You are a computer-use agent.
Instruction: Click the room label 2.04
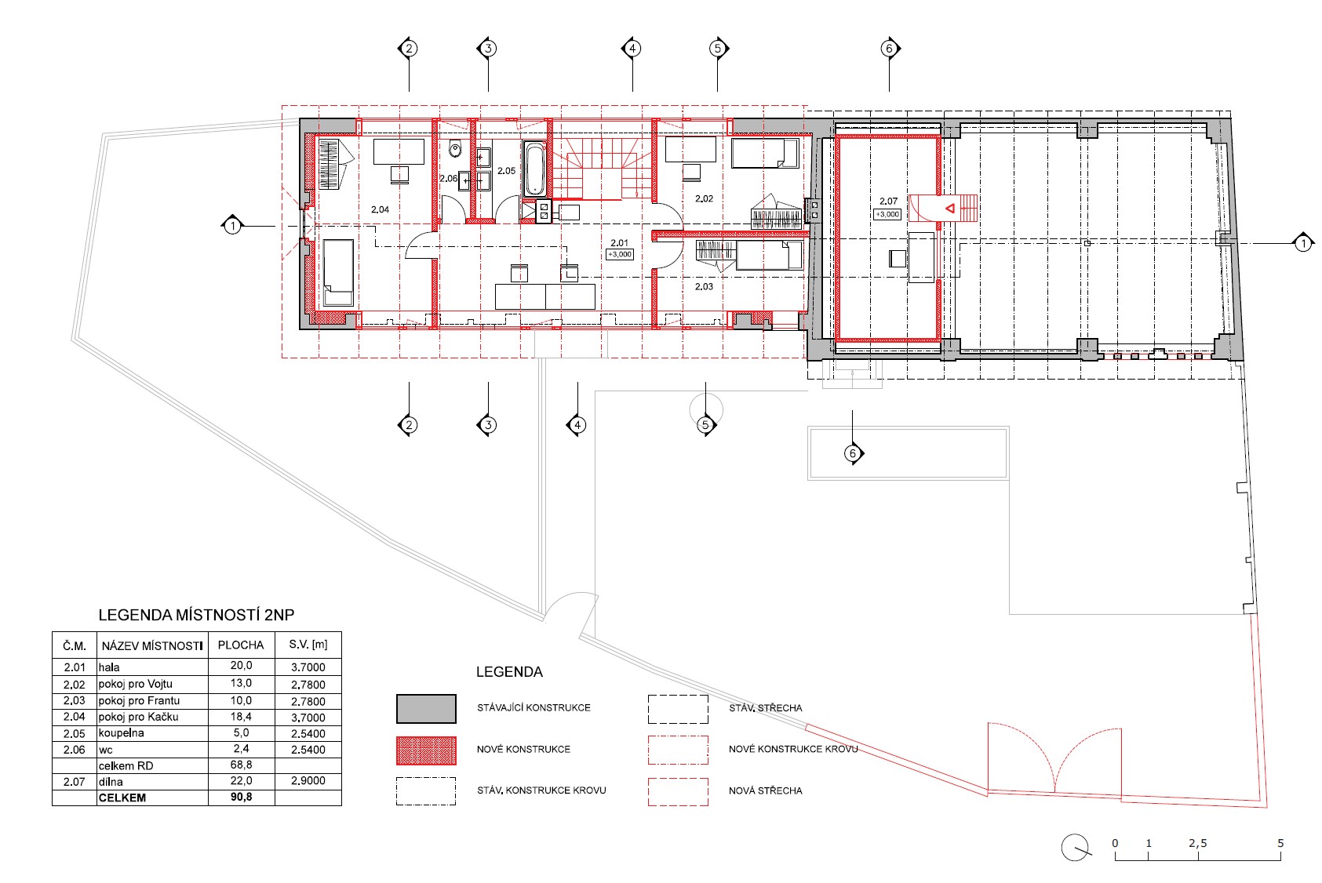click(x=380, y=209)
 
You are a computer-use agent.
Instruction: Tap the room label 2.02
click(x=704, y=198)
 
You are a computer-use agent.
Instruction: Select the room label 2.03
click(x=704, y=287)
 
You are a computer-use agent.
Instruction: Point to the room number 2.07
click(x=888, y=202)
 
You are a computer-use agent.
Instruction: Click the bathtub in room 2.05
click(x=535, y=169)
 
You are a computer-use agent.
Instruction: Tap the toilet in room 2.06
click(x=455, y=149)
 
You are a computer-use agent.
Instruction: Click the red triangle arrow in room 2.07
click(x=949, y=209)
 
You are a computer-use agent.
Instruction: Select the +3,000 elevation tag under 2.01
click(x=620, y=255)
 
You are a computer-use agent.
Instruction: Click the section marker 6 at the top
click(x=890, y=49)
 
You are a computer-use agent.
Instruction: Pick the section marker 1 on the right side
click(x=1302, y=243)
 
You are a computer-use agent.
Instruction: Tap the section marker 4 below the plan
click(x=577, y=425)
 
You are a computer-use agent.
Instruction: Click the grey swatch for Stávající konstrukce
click(x=426, y=708)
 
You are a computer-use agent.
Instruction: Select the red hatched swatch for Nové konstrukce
click(x=426, y=750)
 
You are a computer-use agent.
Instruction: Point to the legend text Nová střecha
click(x=766, y=790)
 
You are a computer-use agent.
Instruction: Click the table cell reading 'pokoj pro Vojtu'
click(x=135, y=685)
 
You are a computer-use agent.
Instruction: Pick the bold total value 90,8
click(x=242, y=797)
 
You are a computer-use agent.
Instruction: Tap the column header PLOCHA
click(x=241, y=645)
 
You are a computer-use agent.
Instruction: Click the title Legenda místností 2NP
click(x=196, y=615)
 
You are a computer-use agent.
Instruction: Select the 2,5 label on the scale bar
click(x=1198, y=843)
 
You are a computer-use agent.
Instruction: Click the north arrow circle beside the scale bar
click(x=1075, y=848)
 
